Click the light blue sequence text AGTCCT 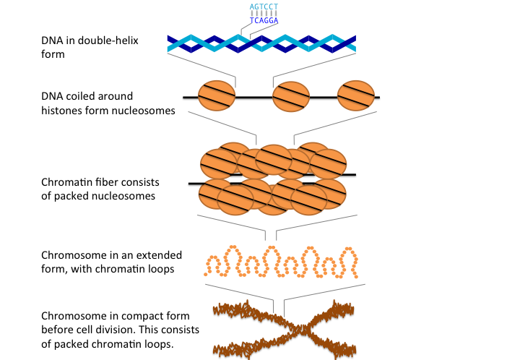point(264,7)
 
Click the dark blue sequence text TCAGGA point(264,21)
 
